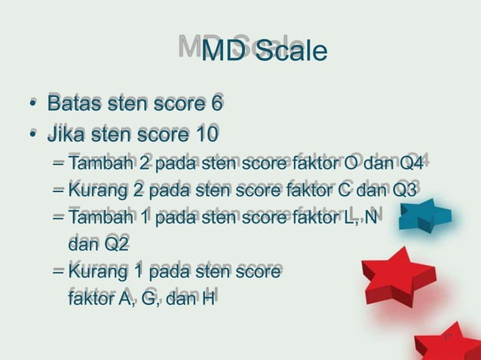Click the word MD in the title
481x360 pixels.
pyautogui.click(x=224, y=52)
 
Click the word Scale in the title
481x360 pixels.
pyautogui.click(x=290, y=52)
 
